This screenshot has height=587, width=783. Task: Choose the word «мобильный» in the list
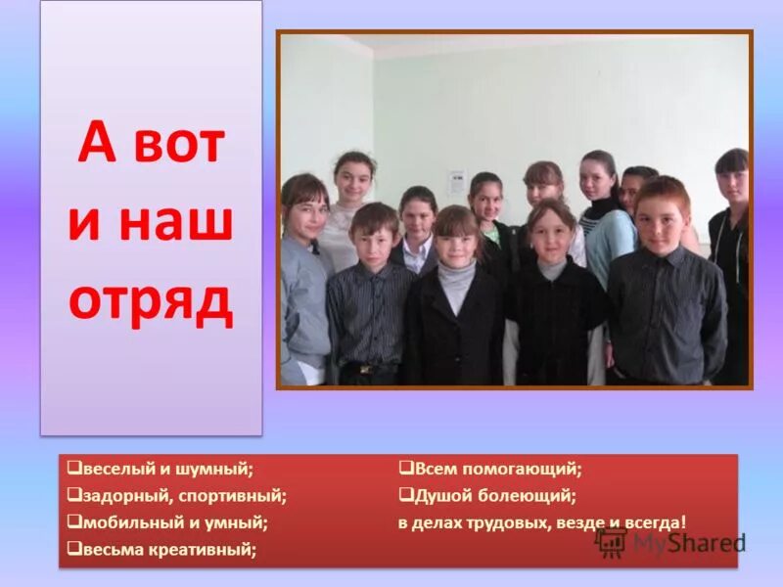click(x=124, y=522)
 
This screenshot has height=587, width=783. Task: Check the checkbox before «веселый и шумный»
click(x=73, y=469)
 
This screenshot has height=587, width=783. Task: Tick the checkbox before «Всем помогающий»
click(x=404, y=469)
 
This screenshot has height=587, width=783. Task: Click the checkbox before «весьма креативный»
click(x=73, y=550)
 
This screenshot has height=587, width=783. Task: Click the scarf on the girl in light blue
click(x=600, y=211)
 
